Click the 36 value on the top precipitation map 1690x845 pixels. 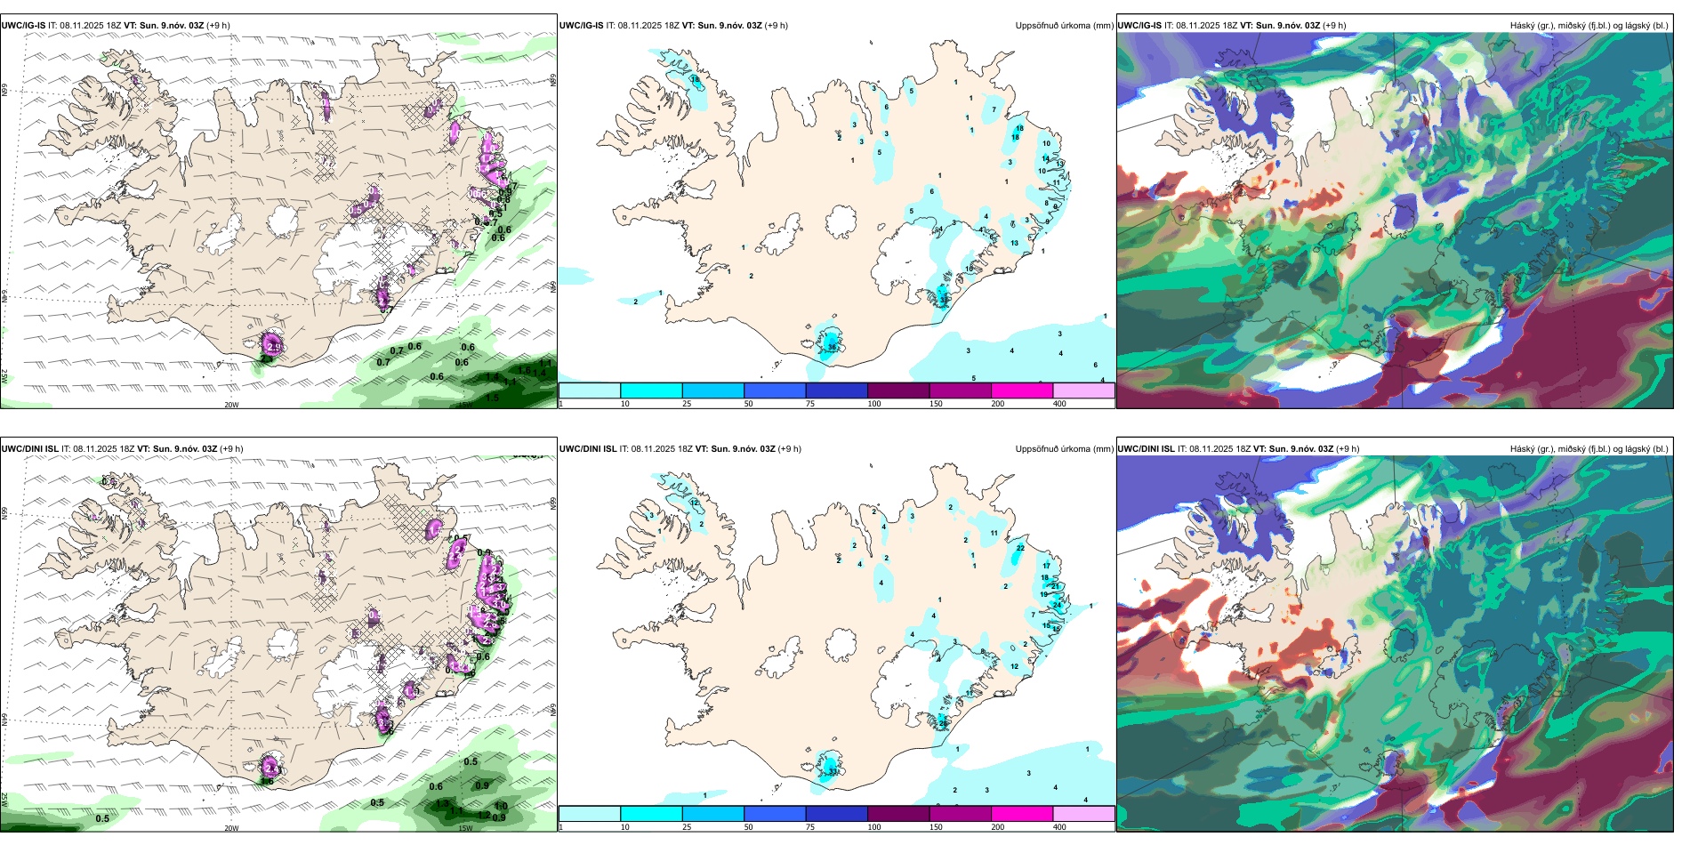tap(832, 347)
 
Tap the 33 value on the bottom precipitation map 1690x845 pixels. tap(833, 771)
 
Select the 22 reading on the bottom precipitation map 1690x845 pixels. tap(1020, 548)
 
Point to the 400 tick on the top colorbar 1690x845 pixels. tap(1059, 404)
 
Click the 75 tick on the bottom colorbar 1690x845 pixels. tap(810, 827)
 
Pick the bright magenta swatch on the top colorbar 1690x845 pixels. tap(1021, 390)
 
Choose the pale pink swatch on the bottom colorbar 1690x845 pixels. tap(1083, 814)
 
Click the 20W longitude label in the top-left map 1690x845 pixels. tap(231, 405)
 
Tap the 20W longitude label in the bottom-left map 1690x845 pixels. tap(231, 828)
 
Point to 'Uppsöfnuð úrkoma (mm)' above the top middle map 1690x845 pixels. tap(1064, 26)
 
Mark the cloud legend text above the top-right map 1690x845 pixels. tap(1589, 26)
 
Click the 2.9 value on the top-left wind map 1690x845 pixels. tap(274, 347)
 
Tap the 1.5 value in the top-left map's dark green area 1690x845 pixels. tap(492, 398)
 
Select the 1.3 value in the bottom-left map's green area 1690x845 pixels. tap(442, 803)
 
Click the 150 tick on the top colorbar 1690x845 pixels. tap(936, 404)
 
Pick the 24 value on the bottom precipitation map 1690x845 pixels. tap(1057, 605)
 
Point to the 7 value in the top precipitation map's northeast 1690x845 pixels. tap(994, 110)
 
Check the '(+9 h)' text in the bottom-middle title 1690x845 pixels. tap(789, 449)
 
